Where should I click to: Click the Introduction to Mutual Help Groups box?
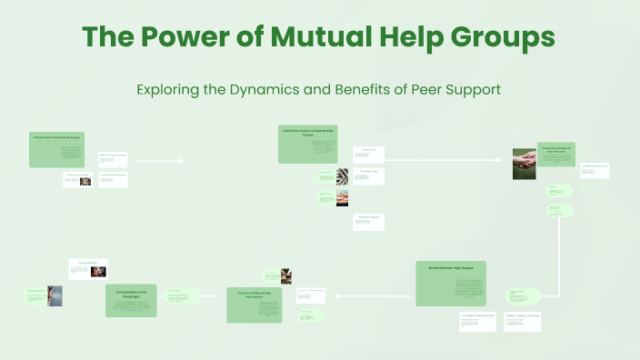(56, 149)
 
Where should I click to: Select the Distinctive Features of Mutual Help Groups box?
(308, 145)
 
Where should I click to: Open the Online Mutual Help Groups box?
(451, 283)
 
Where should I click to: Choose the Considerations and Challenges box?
(131, 300)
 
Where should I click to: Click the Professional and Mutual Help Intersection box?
(556, 154)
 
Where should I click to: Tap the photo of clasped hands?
(524, 159)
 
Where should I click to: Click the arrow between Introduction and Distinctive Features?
(160, 161)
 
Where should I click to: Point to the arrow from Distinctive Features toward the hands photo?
(444, 159)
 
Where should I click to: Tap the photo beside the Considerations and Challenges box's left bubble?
(56, 296)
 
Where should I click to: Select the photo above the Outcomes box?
(286, 275)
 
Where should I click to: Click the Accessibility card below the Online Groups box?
(478, 322)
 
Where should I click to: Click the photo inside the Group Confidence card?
(98, 271)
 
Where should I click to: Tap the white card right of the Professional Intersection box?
(595, 171)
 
